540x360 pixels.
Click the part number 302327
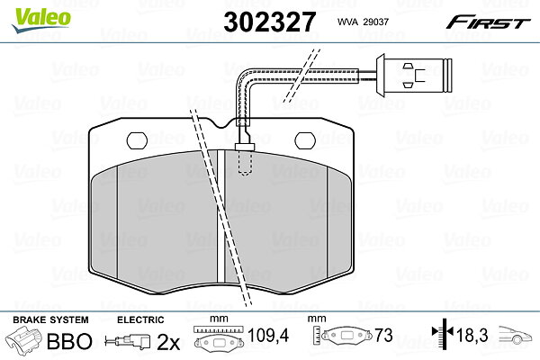(269, 22)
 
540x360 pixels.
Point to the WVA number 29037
(375, 22)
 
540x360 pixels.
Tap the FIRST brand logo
(488, 22)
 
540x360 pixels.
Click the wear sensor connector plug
(413, 75)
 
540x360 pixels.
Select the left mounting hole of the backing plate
(137, 140)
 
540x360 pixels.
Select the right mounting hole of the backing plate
(305, 140)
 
